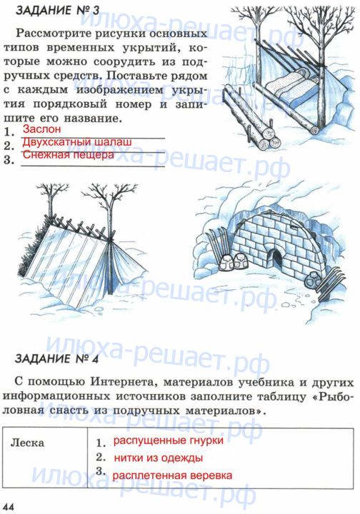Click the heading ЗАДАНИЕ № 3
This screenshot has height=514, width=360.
pyautogui.click(x=57, y=10)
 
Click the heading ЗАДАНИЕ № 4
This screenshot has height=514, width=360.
pyautogui.click(x=56, y=358)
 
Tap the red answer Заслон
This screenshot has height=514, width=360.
pyautogui.click(x=41, y=128)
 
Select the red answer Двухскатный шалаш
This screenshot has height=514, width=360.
pyautogui.click(x=77, y=142)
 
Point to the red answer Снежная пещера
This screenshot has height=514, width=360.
pyautogui.click(x=68, y=154)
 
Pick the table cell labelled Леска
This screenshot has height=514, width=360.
pyautogui.click(x=27, y=443)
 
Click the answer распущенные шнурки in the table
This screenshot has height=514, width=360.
pyautogui.click(x=168, y=440)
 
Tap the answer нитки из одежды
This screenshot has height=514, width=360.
pyautogui.click(x=159, y=458)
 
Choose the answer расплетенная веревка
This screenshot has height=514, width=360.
pyautogui.click(x=172, y=475)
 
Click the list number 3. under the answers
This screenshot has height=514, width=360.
pyautogui.click(x=9, y=161)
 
